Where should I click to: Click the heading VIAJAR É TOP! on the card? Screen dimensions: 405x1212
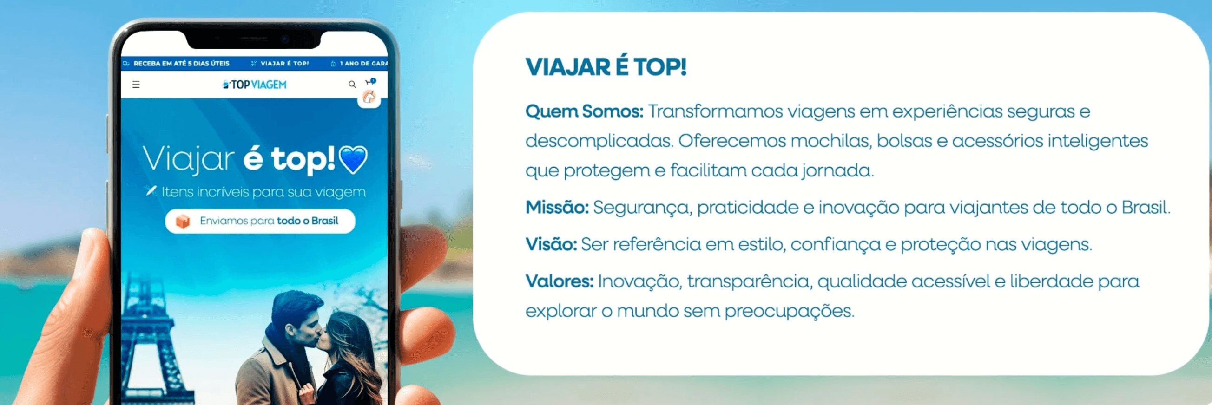pyautogui.click(x=606, y=67)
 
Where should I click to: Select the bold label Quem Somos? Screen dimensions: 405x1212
pyautogui.click(x=584, y=112)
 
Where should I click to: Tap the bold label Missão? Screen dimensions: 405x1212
pyautogui.click(x=557, y=208)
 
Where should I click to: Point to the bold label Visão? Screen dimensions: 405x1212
pyautogui.click(x=551, y=245)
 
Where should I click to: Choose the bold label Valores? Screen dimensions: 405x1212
pyautogui.click(x=559, y=282)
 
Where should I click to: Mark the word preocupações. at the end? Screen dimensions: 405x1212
pyautogui.click(x=789, y=311)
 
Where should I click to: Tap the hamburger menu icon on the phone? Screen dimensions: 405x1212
pyautogui.click(x=136, y=85)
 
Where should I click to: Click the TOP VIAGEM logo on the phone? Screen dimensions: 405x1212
pyautogui.click(x=255, y=85)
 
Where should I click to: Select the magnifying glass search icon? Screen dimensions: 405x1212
pyautogui.click(x=352, y=85)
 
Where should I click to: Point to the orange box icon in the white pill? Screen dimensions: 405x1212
pyautogui.click(x=183, y=221)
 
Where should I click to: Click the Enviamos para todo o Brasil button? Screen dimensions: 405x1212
pyautogui.click(x=260, y=221)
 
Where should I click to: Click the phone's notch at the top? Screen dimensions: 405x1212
pyautogui.click(x=254, y=40)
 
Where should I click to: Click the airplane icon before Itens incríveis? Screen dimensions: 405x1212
pyautogui.click(x=151, y=191)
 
